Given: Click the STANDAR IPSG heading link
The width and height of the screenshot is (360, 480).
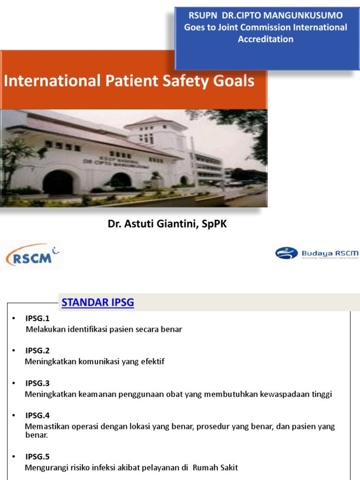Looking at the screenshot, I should [x=97, y=303].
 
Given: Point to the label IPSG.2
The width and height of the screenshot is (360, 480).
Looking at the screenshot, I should [x=37, y=351].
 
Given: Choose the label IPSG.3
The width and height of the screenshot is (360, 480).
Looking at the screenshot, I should [x=37, y=383].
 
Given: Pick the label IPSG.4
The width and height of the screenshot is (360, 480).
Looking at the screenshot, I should [x=37, y=415].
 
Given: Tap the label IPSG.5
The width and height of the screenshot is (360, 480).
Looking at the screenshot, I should [x=37, y=457].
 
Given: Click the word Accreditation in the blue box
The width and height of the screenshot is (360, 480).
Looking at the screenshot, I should [x=265, y=39].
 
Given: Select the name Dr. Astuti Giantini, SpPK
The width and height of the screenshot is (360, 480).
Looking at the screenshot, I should [x=167, y=224].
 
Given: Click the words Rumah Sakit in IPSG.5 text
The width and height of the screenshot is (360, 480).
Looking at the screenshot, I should [x=216, y=467].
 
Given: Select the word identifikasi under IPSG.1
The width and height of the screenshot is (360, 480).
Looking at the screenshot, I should [x=89, y=329].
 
